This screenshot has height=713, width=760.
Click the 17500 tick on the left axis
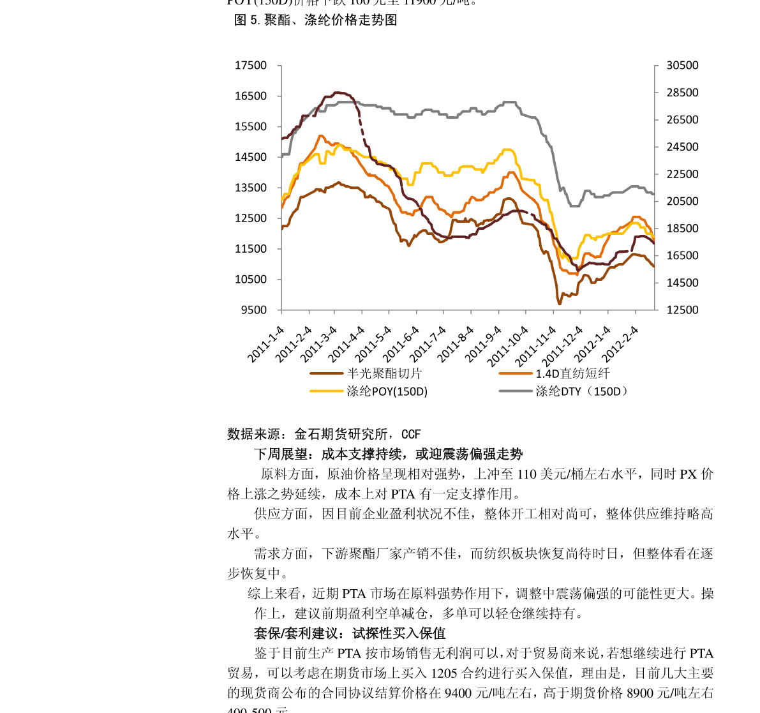(x=250, y=66)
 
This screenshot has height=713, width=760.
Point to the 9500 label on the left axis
(x=253, y=310)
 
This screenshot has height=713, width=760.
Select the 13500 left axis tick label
(x=250, y=188)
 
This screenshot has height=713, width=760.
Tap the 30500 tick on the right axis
(x=682, y=66)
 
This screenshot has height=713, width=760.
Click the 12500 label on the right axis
(x=682, y=310)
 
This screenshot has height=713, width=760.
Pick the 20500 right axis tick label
(x=682, y=202)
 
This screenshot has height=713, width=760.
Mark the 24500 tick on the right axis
(x=682, y=147)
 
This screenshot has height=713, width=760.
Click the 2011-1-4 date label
(x=266, y=345)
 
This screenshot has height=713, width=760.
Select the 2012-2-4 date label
(x=621, y=345)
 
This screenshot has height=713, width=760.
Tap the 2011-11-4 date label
(x=539, y=345)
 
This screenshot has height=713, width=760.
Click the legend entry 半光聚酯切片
(x=384, y=374)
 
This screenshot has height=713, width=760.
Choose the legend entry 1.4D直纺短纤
(x=572, y=374)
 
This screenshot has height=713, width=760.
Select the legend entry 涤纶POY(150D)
(x=387, y=391)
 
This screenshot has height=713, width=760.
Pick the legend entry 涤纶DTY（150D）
(x=581, y=391)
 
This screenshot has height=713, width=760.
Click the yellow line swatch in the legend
(x=326, y=391)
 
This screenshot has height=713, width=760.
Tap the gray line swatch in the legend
(x=515, y=391)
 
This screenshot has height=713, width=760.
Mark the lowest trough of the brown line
(x=560, y=303)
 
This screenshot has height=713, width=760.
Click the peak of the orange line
(x=320, y=135)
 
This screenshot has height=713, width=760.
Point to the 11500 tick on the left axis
(x=250, y=249)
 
